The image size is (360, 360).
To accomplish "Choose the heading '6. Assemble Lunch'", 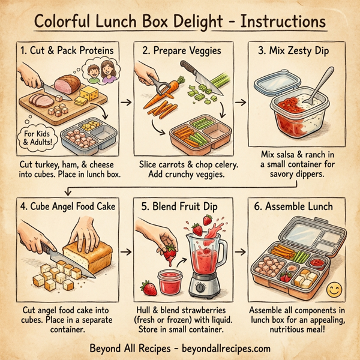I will click(x=296, y=207).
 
